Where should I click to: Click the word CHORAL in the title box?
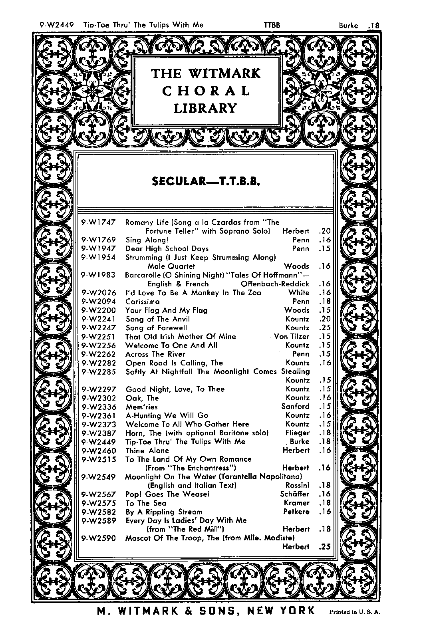click(x=206, y=91)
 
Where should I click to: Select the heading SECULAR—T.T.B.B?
click(x=206, y=182)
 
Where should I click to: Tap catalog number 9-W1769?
click(x=99, y=240)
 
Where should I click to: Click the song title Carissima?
click(x=143, y=302)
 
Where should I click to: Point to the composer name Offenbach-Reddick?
click(x=275, y=284)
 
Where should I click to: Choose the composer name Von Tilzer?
click(x=292, y=337)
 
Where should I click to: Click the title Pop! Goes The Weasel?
click(x=167, y=494)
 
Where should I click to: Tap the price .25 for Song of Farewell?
click(x=325, y=328)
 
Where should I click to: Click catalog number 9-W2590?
click(x=99, y=538)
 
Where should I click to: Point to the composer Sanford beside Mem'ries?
click(x=295, y=407)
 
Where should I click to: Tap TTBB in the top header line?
click(x=272, y=25)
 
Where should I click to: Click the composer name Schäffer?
click(x=295, y=494)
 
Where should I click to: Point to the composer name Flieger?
click(x=298, y=433)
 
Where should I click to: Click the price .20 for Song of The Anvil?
click(x=325, y=319)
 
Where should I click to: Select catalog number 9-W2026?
click(x=99, y=293)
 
